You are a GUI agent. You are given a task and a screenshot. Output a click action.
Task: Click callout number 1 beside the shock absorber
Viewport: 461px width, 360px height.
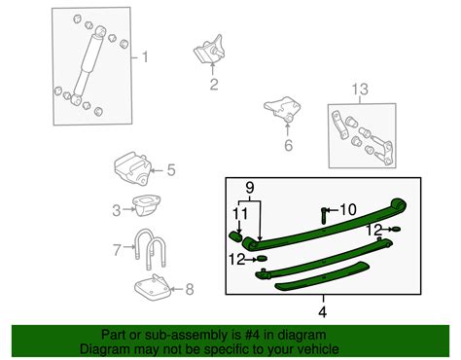[x=146, y=57]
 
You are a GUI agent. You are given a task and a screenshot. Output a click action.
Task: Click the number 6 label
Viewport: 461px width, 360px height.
[x=287, y=147]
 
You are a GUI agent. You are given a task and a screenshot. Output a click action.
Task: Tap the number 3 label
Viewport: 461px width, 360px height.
[x=116, y=209]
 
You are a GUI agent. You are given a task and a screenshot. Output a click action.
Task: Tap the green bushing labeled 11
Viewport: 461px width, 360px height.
[x=237, y=234]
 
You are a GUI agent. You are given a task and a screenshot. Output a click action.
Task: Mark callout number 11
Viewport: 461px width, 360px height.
[x=239, y=212]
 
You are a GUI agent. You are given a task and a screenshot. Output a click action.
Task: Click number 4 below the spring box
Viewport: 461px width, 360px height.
[x=323, y=311]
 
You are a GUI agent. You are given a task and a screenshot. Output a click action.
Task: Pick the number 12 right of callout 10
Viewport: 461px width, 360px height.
[x=373, y=230]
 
